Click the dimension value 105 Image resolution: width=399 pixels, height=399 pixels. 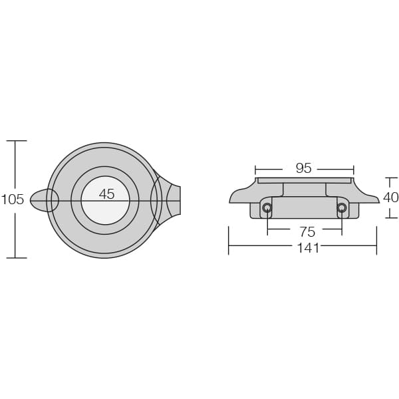13,199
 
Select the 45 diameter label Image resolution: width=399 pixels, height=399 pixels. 106,194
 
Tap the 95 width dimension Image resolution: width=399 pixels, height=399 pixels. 304,168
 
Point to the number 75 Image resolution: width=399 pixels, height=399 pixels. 307,232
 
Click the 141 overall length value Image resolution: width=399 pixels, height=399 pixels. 308,248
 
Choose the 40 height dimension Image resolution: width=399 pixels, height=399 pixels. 390,198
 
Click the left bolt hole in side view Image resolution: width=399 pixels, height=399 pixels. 267,208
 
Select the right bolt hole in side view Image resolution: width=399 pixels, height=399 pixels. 342,208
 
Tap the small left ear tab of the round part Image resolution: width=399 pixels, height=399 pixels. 41,201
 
